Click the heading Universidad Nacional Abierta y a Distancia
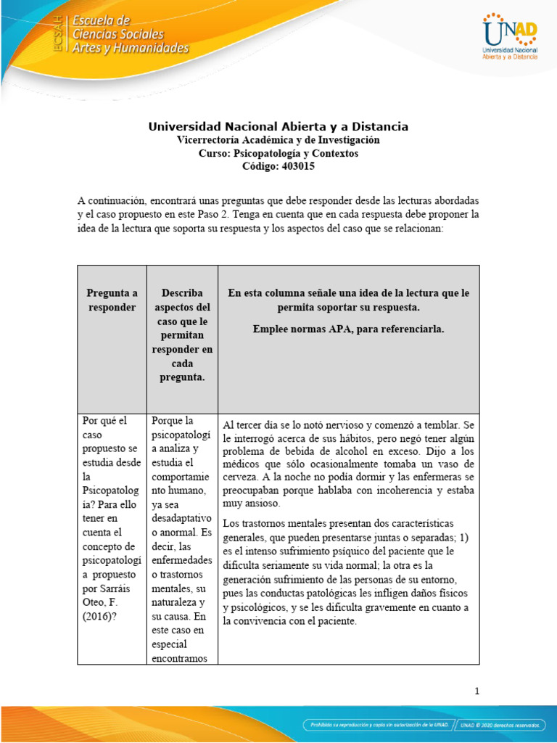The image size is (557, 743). [x=278, y=126]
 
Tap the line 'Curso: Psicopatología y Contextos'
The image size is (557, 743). [x=278, y=153]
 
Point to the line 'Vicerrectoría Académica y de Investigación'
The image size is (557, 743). [x=278, y=140]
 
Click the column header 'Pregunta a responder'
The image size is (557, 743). [x=112, y=300]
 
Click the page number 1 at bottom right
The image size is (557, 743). [x=476, y=691]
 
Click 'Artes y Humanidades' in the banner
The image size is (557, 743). [x=130, y=48]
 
